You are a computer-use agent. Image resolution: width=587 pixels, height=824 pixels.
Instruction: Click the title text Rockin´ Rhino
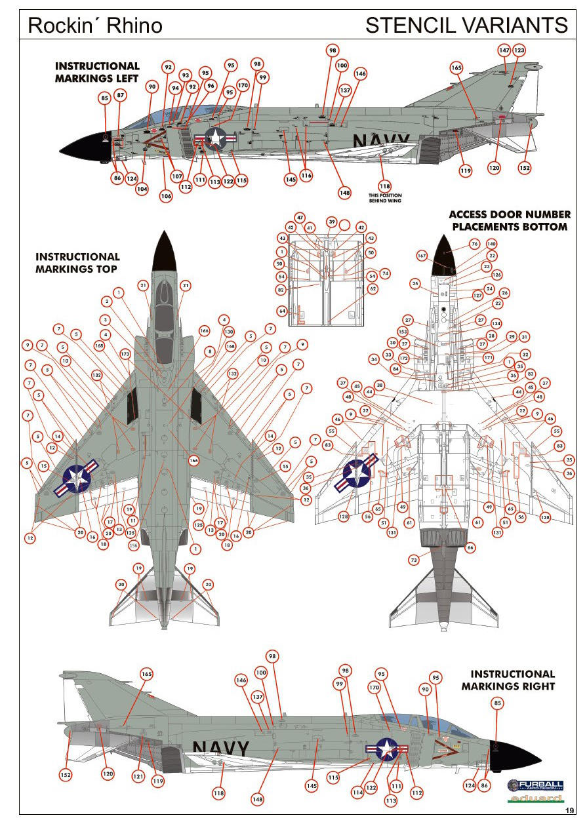(95, 25)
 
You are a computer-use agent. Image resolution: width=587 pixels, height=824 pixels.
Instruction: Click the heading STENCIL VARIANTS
(466, 25)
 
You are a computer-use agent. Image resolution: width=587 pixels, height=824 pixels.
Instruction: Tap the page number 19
(569, 811)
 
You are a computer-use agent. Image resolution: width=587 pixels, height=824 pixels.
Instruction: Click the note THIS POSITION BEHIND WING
(385, 198)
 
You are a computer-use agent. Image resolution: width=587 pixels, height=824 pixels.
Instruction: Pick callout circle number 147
(504, 50)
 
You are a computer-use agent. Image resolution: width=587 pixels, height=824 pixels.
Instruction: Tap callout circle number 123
(519, 50)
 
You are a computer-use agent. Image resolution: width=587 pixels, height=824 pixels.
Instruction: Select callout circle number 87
(121, 95)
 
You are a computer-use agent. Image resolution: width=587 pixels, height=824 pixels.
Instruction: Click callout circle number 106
(166, 195)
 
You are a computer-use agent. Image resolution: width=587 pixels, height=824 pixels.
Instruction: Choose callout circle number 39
(332, 222)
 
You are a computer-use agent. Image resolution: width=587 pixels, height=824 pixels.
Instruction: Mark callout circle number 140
(491, 244)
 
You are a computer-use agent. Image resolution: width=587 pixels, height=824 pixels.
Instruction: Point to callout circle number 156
(134, 545)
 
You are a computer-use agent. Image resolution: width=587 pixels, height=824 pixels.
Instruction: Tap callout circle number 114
(357, 792)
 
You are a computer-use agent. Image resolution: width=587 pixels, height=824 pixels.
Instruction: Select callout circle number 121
(138, 776)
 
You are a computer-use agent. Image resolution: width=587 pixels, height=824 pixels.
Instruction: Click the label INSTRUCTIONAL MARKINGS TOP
(77, 263)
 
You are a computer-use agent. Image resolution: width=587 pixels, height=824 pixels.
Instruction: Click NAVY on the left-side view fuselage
(381, 142)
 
